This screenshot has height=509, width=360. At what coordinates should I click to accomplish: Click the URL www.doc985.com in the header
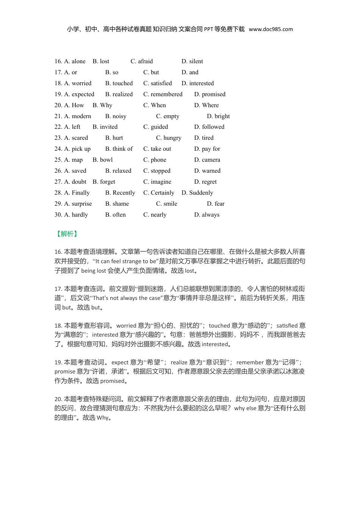click(x=271, y=29)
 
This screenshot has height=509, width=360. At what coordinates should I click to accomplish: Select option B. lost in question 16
click(x=101, y=61)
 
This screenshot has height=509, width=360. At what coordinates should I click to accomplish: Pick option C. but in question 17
click(x=151, y=72)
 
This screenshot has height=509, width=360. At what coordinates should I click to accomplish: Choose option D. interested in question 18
click(x=197, y=83)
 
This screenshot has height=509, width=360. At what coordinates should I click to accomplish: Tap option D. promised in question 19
click(x=210, y=94)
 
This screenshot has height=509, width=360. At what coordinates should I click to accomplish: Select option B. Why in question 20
click(x=102, y=105)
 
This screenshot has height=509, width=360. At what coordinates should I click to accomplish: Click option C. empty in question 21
click(x=167, y=116)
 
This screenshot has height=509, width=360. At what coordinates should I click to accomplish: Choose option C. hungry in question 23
click(x=169, y=138)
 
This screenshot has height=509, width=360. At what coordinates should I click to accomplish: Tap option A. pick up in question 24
click(x=77, y=149)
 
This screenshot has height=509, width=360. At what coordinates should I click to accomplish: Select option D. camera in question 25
click(x=207, y=160)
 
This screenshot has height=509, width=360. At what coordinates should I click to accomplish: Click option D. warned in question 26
click(x=207, y=171)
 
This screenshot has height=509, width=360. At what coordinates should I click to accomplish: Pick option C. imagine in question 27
click(x=157, y=182)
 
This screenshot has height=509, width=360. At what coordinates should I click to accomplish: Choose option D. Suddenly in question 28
click(x=197, y=193)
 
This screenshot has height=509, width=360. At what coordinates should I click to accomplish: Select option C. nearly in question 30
click(x=155, y=215)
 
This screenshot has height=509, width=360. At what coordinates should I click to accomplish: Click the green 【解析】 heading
click(x=67, y=234)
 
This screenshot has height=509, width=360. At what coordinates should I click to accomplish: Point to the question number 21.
click(x=58, y=116)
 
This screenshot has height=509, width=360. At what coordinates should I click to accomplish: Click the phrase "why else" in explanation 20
click(x=245, y=408)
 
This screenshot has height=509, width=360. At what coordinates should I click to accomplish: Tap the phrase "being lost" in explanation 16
click(x=94, y=271)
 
